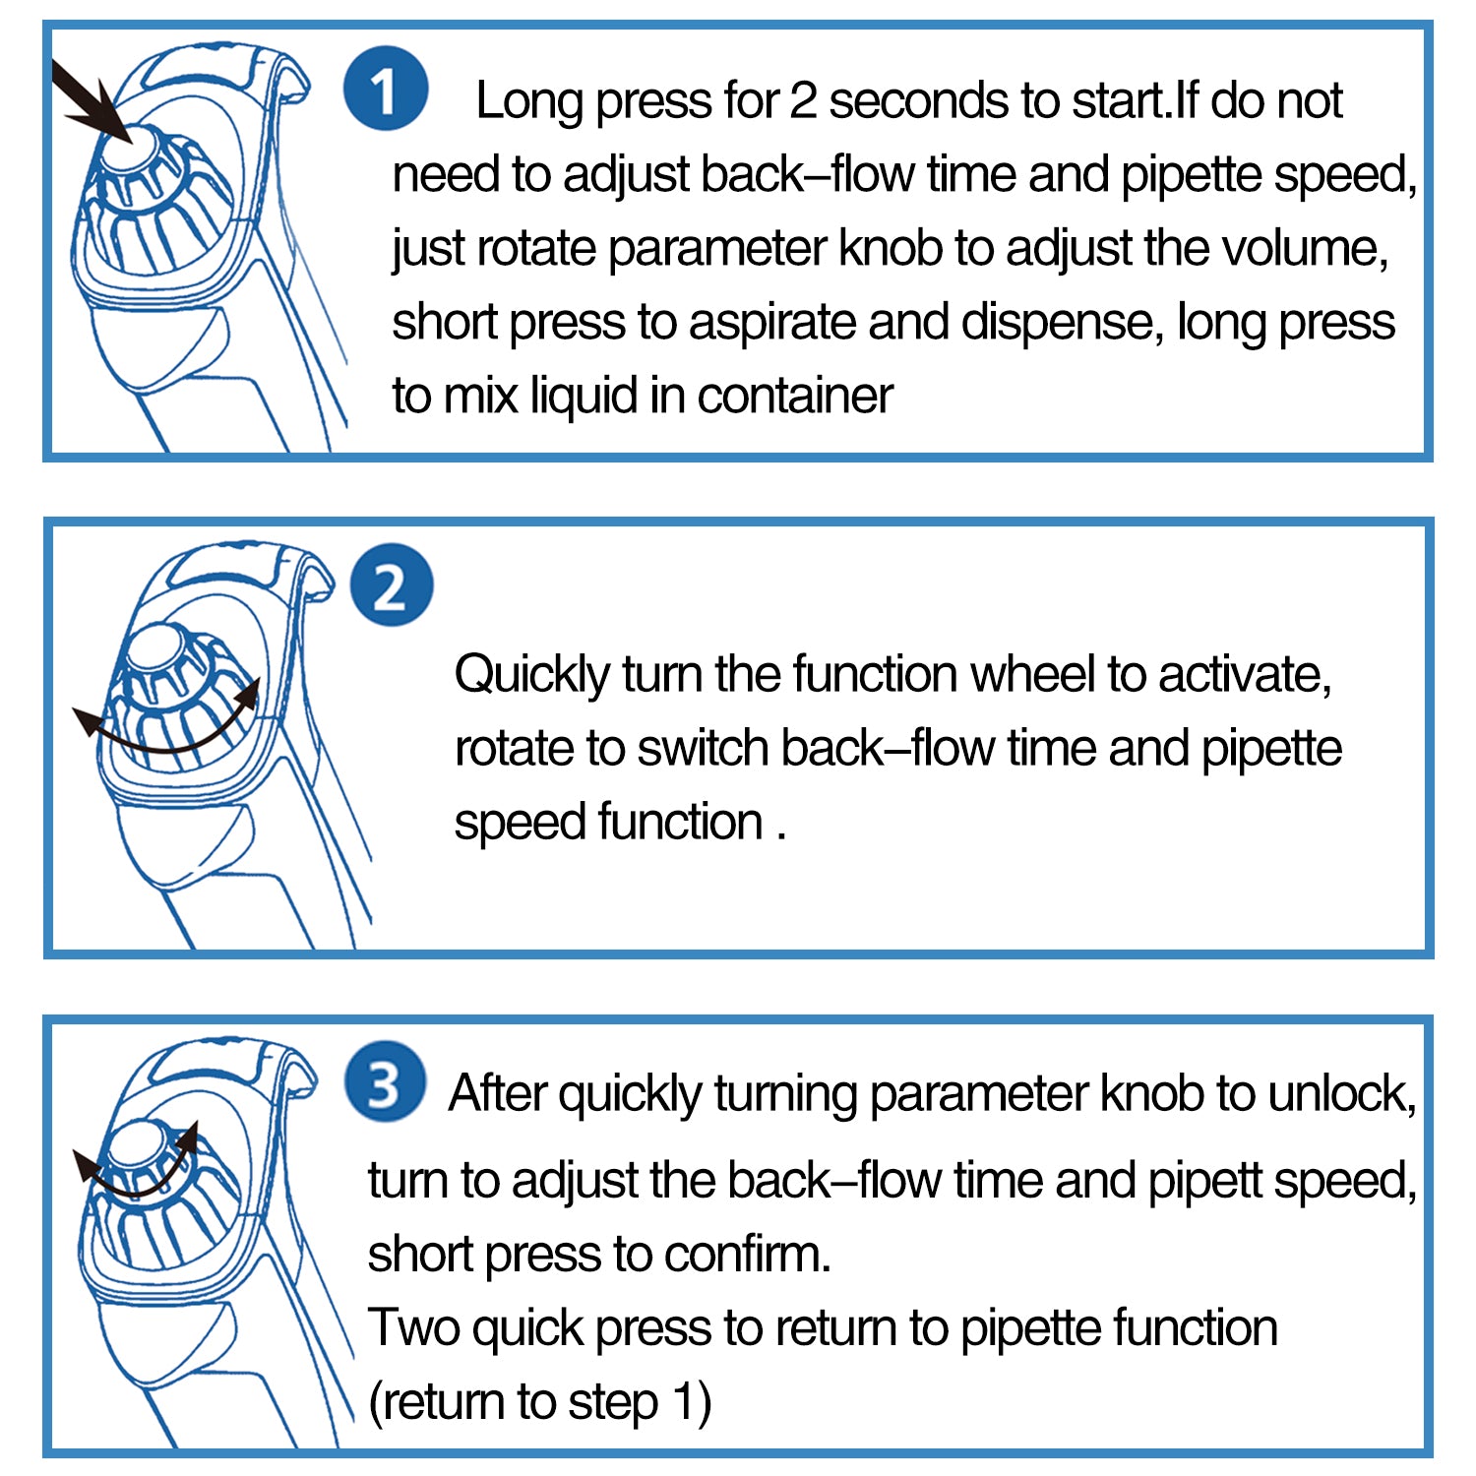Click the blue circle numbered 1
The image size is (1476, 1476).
[385, 89]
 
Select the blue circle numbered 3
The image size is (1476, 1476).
[385, 1083]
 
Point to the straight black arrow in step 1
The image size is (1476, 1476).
[91, 100]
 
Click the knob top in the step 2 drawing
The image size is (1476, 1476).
[154, 650]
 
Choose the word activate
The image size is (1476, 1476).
[1245, 675]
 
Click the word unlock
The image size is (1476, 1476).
[1342, 1093]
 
